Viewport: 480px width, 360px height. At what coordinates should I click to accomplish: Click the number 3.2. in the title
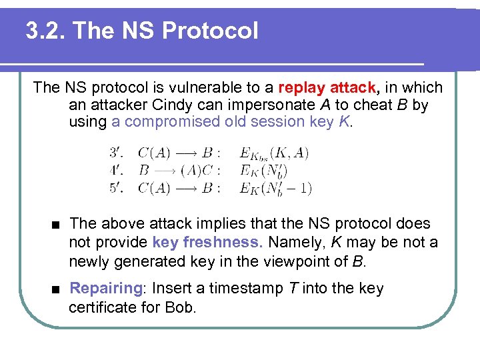point(45,30)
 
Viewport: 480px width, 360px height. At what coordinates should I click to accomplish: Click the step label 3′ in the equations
point(116,153)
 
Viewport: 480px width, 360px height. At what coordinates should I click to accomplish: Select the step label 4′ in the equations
point(116,170)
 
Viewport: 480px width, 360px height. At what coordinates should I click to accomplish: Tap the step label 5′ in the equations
point(116,187)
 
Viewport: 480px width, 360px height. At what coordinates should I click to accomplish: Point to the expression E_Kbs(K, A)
point(274,153)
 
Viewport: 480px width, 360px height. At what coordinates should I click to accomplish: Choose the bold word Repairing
point(105,289)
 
